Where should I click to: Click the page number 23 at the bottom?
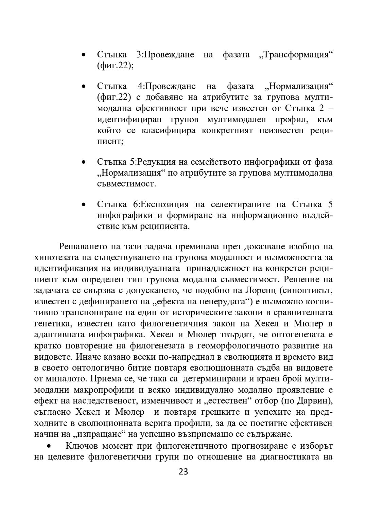(x=183, y=471)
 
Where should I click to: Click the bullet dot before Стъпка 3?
(x=83, y=55)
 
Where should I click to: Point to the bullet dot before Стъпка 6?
(x=83, y=205)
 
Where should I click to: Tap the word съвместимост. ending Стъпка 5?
(x=126, y=184)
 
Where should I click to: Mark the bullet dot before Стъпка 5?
(x=83, y=162)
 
